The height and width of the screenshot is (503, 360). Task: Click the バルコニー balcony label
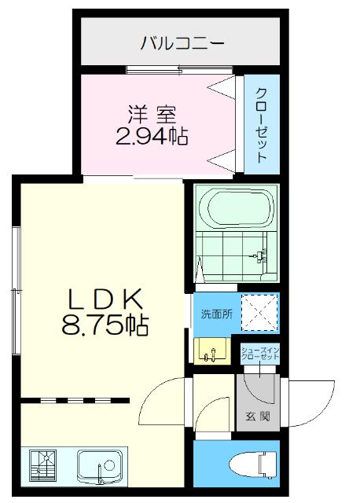pyautogui.click(x=182, y=42)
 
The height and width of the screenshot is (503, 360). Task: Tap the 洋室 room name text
pyautogui.click(x=151, y=112)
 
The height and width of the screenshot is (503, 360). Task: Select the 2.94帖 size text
pyautogui.click(x=151, y=138)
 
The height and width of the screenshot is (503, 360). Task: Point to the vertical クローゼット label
pyautogui.click(x=261, y=123)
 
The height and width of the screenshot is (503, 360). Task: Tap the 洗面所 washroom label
pyautogui.click(x=215, y=314)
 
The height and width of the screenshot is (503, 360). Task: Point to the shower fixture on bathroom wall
pyautogui.click(x=263, y=254)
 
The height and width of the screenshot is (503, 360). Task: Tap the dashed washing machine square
pyautogui.click(x=259, y=312)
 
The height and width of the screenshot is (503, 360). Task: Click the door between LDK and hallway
pyautogui.click(x=161, y=401)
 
